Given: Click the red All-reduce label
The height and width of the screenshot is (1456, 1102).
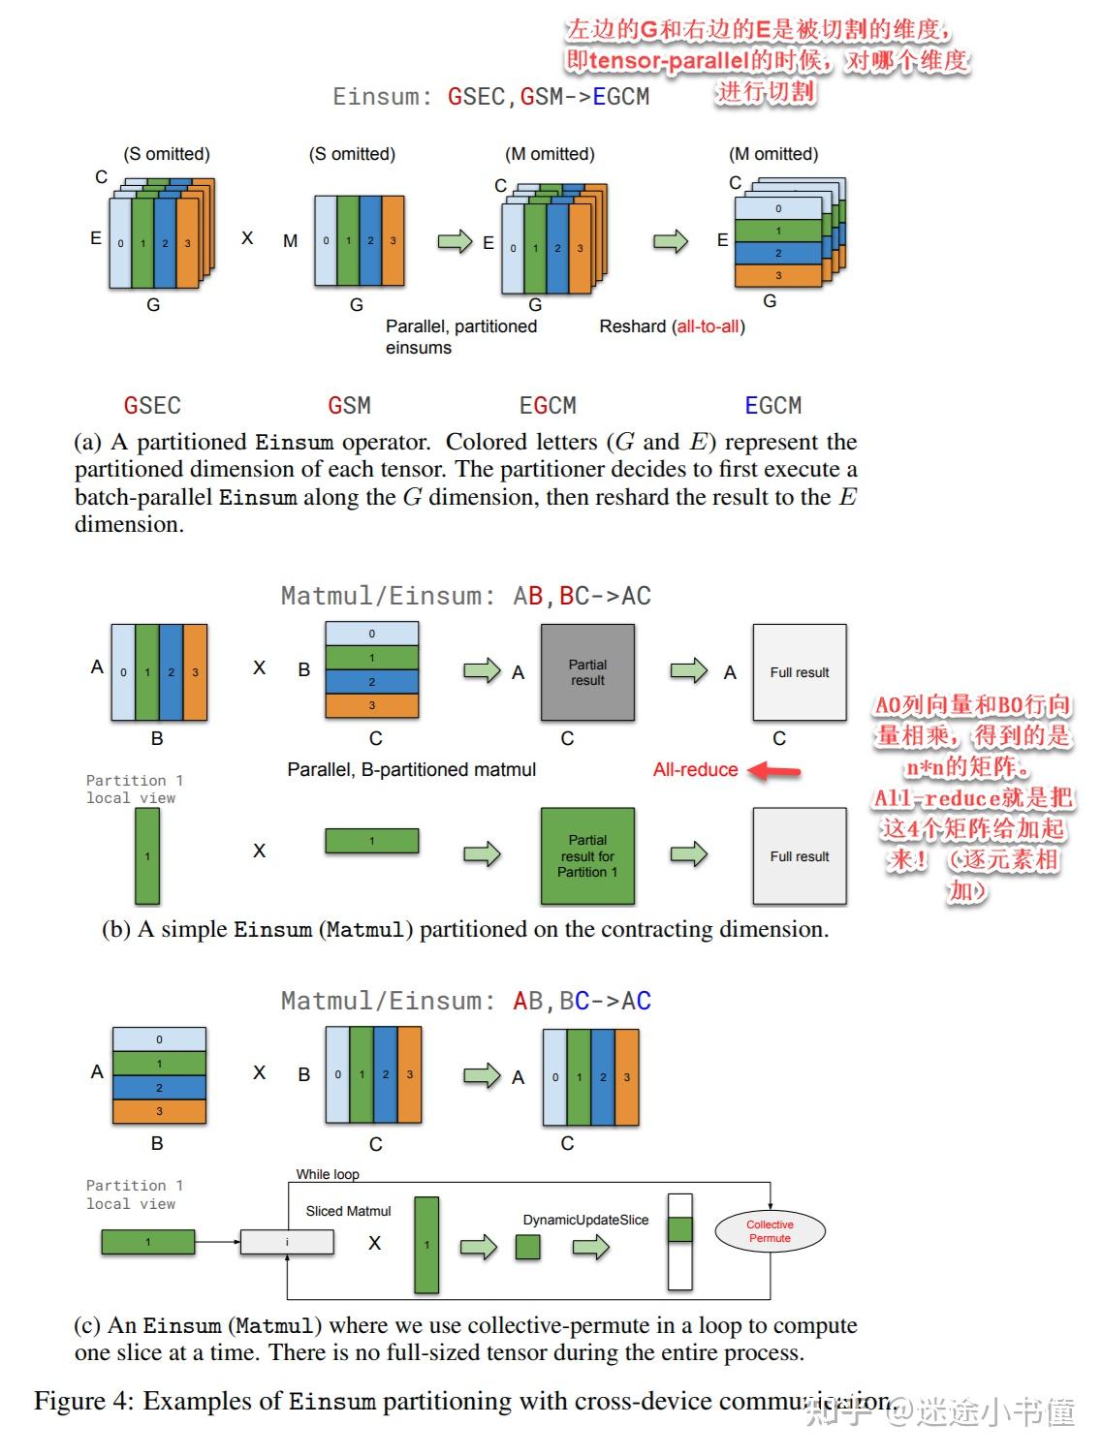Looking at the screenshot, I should click(695, 769).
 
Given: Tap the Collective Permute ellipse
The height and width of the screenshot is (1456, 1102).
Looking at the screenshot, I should click(770, 1231).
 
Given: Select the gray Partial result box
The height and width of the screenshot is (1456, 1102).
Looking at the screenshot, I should click(587, 672).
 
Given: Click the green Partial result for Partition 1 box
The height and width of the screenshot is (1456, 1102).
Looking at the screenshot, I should click(587, 856).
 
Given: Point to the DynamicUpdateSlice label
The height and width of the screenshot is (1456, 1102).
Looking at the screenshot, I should click(585, 1220).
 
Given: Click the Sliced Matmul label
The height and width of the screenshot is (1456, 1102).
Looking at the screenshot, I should click(348, 1211).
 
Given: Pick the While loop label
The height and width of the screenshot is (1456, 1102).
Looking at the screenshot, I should click(328, 1174).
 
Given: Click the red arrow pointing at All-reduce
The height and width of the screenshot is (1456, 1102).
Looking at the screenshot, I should click(776, 771).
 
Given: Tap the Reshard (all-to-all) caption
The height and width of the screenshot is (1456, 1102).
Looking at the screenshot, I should click(672, 326).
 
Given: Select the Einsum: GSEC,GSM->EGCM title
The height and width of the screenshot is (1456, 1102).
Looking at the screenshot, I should click(490, 97).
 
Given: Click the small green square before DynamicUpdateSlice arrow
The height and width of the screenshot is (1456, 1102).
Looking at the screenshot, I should click(528, 1247).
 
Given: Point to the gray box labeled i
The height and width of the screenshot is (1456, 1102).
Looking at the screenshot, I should click(287, 1242).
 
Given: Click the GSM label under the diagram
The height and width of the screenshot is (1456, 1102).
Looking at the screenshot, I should click(349, 405).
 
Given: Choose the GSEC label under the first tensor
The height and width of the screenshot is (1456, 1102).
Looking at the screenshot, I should click(152, 405).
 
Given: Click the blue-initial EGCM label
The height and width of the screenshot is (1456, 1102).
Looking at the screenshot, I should click(772, 405).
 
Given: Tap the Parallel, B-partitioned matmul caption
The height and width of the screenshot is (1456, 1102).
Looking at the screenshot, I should click(411, 769).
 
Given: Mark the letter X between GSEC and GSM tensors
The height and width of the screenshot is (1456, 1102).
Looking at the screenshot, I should click(247, 238).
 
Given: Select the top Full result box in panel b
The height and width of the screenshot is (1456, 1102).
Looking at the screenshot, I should click(800, 672).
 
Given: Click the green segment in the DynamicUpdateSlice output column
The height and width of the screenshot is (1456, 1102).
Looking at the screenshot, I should click(680, 1229).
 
